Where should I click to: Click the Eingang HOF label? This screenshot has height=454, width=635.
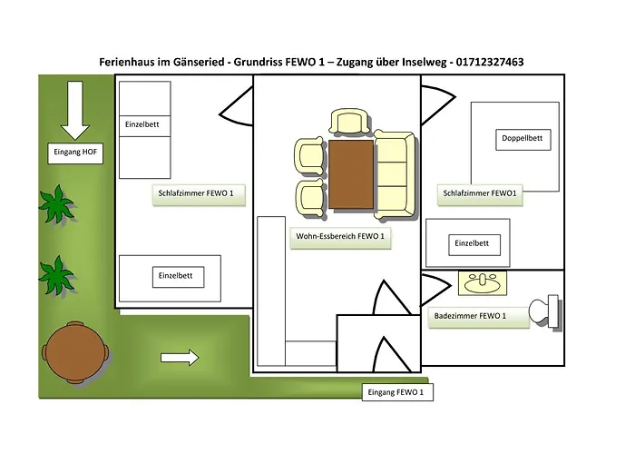pyautogui.click(x=76, y=153)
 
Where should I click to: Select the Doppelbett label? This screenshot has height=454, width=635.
pyautogui.click(x=522, y=139)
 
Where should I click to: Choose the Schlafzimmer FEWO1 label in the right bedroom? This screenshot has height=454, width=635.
pyautogui.click(x=480, y=193)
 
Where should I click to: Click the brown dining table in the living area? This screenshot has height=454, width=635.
pyautogui.click(x=350, y=173)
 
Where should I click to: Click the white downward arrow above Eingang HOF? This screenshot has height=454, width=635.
pyautogui.click(x=73, y=107)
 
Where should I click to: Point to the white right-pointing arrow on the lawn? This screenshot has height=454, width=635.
pyautogui.click(x=180, y=357)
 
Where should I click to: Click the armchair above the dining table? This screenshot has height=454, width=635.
pyautogui.click(x=350, y=123)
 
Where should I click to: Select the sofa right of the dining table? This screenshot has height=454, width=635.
pyautogui.click(x=393, y=174)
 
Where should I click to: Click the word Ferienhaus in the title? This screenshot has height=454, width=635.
pyautogui.click(x=129, y=62)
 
